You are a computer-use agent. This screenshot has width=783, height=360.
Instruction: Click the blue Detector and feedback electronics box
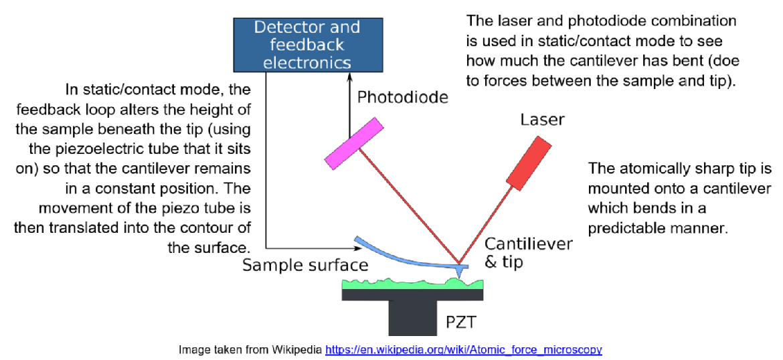click(x=307, y=45)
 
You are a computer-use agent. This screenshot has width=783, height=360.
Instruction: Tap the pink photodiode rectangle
click(x=354, y=143)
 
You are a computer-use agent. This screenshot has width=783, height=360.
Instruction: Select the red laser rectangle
click(x=529, y=163)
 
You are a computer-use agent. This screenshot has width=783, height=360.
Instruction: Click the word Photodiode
click(x=402, y=97)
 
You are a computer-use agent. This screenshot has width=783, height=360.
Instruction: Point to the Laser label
click(x=542, y=120)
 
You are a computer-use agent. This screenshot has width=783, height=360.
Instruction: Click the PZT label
click(x=460, y=324)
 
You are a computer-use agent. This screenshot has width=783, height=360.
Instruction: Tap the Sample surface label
click(x=305, y=265)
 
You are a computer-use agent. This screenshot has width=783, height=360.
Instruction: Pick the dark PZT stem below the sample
click(x=412, y=318)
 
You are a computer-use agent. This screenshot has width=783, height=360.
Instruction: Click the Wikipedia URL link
click(x=463, y=349)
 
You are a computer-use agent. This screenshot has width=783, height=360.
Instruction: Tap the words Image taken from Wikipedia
click(x=250, y=349)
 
